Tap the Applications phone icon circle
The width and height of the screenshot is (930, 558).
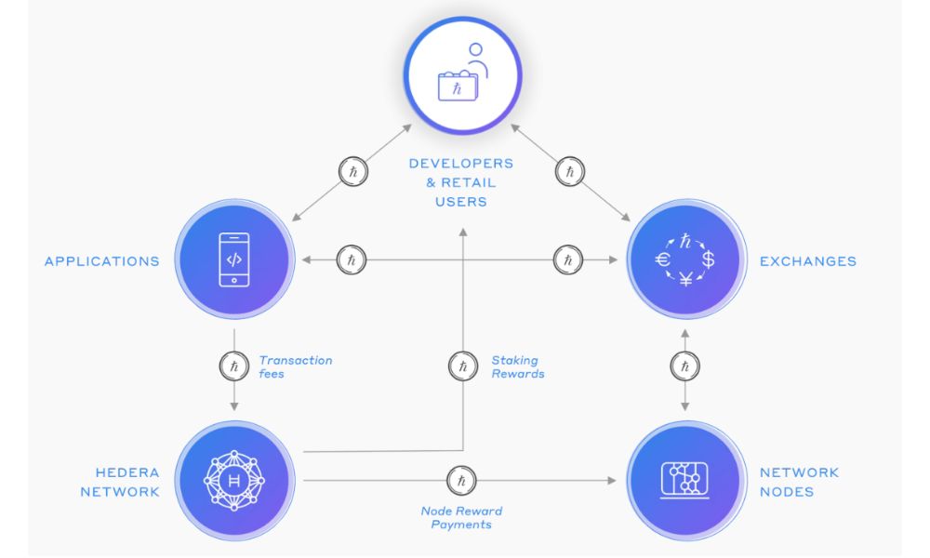pos(234,260)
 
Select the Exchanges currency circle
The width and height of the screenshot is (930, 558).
pos(685,260)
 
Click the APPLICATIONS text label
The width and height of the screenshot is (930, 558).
pos(102,261)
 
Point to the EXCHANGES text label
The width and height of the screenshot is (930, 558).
pos(808,261)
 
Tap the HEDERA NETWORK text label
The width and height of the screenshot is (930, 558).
pos(120,482)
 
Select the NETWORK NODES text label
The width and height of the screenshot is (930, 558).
pos(799,482)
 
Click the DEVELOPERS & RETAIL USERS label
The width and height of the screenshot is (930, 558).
pos(461,182)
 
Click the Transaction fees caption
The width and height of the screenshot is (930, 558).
pos(295,366)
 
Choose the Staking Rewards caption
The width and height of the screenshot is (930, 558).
pos(517,366)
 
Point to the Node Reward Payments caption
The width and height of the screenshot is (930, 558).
pos(461,518)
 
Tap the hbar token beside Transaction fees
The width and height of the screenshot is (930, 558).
pos(234,366)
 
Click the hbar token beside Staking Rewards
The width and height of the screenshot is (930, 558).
pos(462,366)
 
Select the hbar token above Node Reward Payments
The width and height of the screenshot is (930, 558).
pos(461,481)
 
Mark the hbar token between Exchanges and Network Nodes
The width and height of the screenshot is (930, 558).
pos(685,367)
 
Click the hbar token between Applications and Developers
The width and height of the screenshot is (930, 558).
pos(352,172)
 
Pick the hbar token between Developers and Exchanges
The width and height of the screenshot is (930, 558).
pos(570,172)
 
